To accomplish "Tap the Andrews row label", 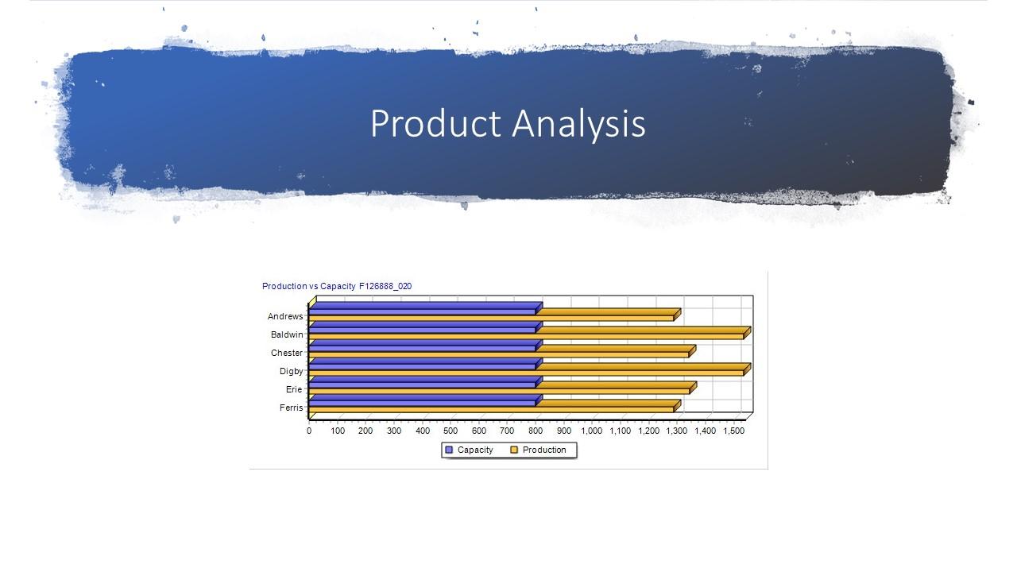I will (x=285, y=316).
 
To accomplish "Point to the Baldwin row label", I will (x=287, y=334).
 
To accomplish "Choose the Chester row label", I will (x=287, y=353).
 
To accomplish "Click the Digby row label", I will (x=291, y=371).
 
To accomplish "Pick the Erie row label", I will (x=294, y=389).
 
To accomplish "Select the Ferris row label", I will (x=291, y=408).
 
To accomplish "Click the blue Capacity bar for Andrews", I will (x=421, y=311).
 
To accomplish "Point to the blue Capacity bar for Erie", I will (x=421, y=384).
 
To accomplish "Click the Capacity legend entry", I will (x=469, y=450).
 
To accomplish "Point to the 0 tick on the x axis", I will (x=309, y=431).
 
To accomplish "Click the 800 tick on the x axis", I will (x=536, y=431).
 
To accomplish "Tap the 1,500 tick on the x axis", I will (x=733, y=431).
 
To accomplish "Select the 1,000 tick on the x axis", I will (x=592, y=431).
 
